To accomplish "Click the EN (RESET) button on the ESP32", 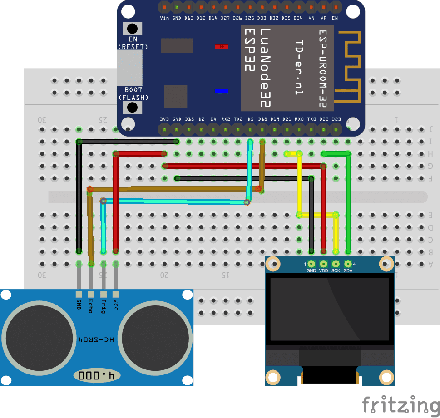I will point(132,29).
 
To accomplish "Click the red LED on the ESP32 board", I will point(222,47).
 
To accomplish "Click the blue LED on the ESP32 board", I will point(222,91).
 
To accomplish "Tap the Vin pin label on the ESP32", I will point(164,18).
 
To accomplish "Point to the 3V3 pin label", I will point(164,119).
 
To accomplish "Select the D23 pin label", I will point(336,119).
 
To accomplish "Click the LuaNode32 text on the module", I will point(265,68).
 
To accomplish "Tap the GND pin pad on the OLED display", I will point(311,263).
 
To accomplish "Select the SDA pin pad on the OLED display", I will point(348,263).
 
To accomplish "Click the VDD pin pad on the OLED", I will point(323,263).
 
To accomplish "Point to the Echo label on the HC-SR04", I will point(91,305).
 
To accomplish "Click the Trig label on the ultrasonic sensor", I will point(104,305).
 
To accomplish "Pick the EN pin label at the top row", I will point(335,18).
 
